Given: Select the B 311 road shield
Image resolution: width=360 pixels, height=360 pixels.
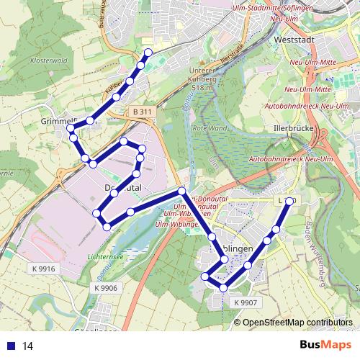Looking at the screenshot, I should click(x=142, y=112).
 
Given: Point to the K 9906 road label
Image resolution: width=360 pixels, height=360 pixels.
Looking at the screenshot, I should click(x=104, y=288).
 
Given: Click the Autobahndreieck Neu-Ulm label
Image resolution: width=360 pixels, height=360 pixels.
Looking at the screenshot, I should click(x=288, y=157).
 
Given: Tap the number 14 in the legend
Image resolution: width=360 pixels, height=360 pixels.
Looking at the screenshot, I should click(x=28, y=346).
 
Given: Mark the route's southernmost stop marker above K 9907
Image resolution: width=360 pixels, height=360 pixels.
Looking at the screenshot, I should click(x=224, y=288).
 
